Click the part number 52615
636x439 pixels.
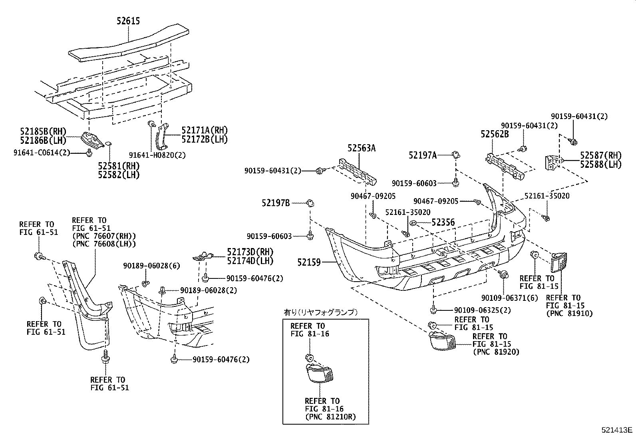click(128, 21)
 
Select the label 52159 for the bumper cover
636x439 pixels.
click(309, 262)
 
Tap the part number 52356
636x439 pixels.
click(442, 222)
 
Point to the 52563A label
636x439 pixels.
click(362, 148)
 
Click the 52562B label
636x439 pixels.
click(495, 134)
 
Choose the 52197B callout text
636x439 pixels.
click(276, 203)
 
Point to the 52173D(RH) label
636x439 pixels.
click(250, 252)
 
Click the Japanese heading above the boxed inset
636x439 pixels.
click(320, 312)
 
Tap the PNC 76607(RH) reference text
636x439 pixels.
click(104, 236)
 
